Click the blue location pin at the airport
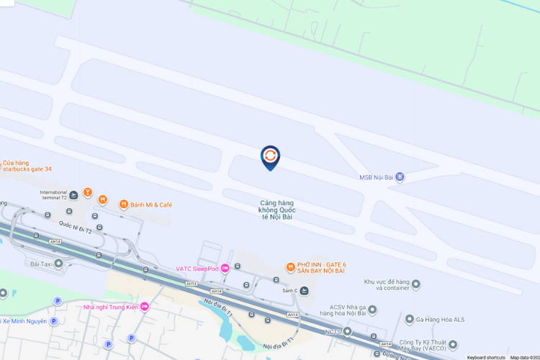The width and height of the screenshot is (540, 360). coord(270,157)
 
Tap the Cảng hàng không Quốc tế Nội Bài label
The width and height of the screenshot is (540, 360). coord(278,210)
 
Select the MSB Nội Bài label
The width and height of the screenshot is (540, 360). coord(377,178)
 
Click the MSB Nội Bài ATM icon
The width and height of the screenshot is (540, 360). coord(400,177)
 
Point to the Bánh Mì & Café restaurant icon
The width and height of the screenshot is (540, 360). coord(123,204)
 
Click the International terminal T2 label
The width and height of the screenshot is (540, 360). coord(53,196)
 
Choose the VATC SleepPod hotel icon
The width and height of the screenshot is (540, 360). coord(225,269)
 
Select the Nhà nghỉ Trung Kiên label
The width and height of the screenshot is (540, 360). coord(110,307)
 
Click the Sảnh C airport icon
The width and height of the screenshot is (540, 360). coord(304,290)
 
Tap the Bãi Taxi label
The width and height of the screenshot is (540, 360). coord(42,264)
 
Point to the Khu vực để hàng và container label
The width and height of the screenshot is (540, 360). coord(387,284)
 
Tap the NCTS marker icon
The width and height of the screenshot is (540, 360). coord(348,332)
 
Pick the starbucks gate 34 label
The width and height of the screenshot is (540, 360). coord(26,169)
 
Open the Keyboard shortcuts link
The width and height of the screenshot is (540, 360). coord(486,357)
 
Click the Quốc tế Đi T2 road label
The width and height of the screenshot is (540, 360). coord(75,228)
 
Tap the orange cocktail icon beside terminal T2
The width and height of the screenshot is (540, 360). coord(88,193)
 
